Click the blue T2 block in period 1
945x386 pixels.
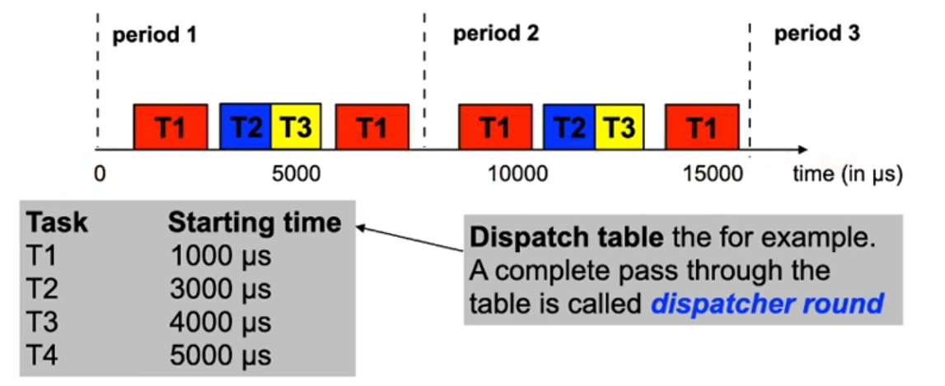pos(245,127)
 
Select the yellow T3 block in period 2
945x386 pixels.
pos(620,127)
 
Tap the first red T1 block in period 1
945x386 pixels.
pos(171,127)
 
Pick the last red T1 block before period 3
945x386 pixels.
pos(701,127)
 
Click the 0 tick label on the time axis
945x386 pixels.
pos(100,174)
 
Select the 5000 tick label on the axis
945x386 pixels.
pos(292,174)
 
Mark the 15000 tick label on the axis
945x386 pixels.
pos(713,174)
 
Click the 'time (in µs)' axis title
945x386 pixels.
pos(848,174)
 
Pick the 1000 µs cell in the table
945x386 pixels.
pos(220,255)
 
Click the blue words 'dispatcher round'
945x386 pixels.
pos(766,304)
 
